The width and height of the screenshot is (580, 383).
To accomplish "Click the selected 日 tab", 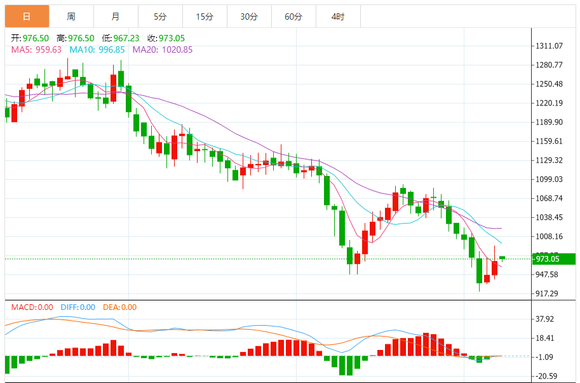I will pyautogui.click(x=27, y=17).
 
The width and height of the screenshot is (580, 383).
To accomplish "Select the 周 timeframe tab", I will pyautogui.click(x=71, y=17).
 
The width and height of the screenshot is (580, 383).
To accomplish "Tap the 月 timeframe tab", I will pyautogui.click(x=115, y=17).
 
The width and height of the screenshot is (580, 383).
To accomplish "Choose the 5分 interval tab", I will pyautogui.click(x=160, y=17).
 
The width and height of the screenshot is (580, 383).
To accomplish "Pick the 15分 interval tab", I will pyautogui.click(x=205, y=17).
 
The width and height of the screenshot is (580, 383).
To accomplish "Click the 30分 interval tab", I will pyautogui.click(x=249, y=17).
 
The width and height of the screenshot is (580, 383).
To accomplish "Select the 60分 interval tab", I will pyautogui.click(x=293, y=17).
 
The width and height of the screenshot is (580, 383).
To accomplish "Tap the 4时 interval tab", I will pyautogui.click(x=338, y=17).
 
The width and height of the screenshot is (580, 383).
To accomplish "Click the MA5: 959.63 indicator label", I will pyautogui.click(x=36, y=50).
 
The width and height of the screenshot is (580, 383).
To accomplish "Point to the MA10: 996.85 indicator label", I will pyautogui.click(x=97, y=50).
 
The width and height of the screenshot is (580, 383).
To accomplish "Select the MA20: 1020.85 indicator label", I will pyautogui.click(x=162, y=50).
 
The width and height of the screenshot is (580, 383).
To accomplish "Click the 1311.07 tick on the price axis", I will pyautogui.click(x=550, y=46).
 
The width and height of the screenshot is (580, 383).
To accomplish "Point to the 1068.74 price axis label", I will pyautogui.click(x=550, y=198).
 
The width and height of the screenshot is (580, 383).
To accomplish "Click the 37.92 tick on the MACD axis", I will pyautogui.click(x=546, y=319).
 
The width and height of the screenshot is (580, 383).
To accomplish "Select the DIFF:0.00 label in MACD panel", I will pyautogui.click(x=78, y=307).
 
